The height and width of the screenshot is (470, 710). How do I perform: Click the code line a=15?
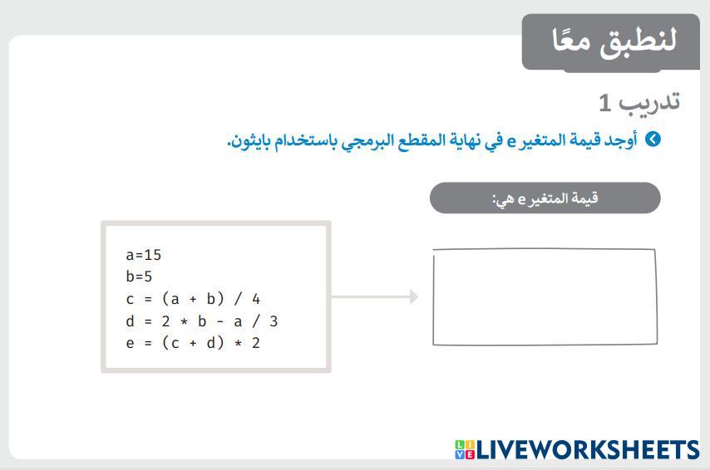click(x=144, y=255)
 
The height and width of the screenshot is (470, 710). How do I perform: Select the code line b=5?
click(x=139, y=277)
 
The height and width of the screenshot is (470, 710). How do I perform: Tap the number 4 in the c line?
click(x=256, y=299)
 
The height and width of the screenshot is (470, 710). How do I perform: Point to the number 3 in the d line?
click(x=274, y=321)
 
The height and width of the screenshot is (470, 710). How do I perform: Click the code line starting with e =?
click(x=193, y=343)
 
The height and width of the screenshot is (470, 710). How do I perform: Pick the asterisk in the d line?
click(x=184, y=321)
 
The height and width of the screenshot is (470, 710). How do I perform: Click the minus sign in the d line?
click(x=220, y=321)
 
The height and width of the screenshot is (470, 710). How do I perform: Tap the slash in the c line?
click(x=238, y=299)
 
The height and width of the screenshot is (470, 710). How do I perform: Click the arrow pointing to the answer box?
click(x=374, y=296)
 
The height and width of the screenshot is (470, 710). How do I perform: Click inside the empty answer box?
click(x=545, y=296)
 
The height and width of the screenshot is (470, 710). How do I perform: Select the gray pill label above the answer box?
click(x=545, y=198)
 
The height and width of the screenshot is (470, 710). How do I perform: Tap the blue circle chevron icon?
click(x=653, y=139)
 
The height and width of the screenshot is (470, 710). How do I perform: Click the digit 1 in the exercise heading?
click(x=605, y=103)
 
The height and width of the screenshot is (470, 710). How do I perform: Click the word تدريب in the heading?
click(x=649, y=102)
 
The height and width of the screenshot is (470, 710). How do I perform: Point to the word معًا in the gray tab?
click(x=571, y=40)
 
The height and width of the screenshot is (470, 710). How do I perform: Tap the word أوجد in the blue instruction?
click(x=621, y=140)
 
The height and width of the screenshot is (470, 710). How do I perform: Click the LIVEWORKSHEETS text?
click(x=587, y=449)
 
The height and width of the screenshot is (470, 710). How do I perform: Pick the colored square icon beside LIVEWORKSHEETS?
click(x=465, y=449)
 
